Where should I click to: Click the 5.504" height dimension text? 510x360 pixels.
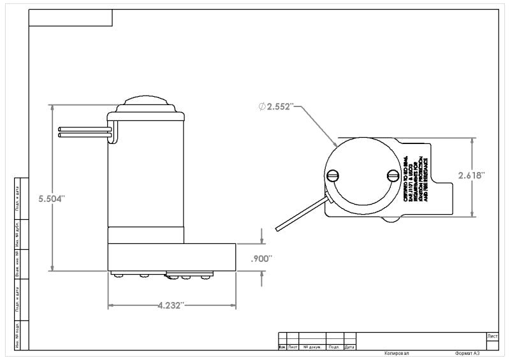52,199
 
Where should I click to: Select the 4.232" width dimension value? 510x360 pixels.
171,305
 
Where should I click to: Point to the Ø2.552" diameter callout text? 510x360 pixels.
275,107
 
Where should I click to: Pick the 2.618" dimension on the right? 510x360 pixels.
472,175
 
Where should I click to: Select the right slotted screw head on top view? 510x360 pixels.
393,175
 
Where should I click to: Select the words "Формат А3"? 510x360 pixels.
467,354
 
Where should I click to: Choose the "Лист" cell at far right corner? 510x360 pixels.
492,336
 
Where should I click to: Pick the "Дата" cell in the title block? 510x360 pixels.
349,347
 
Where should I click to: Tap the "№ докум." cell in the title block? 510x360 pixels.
312,347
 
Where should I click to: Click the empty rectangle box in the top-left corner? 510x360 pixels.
71,18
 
